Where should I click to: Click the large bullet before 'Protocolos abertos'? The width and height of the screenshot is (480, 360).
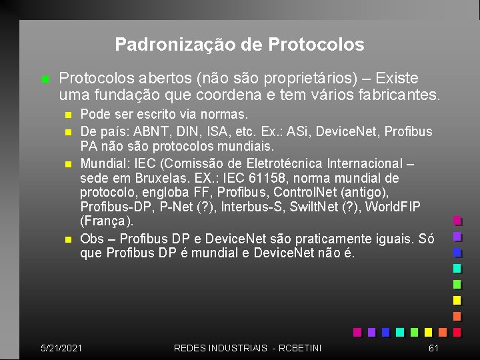(x=45, y=80)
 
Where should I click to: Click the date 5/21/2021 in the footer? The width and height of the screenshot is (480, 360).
(x=61, y=347)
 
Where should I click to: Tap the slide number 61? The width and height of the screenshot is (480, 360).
(x=433, y=347)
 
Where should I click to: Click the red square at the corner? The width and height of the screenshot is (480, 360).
(x=457, y=331)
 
